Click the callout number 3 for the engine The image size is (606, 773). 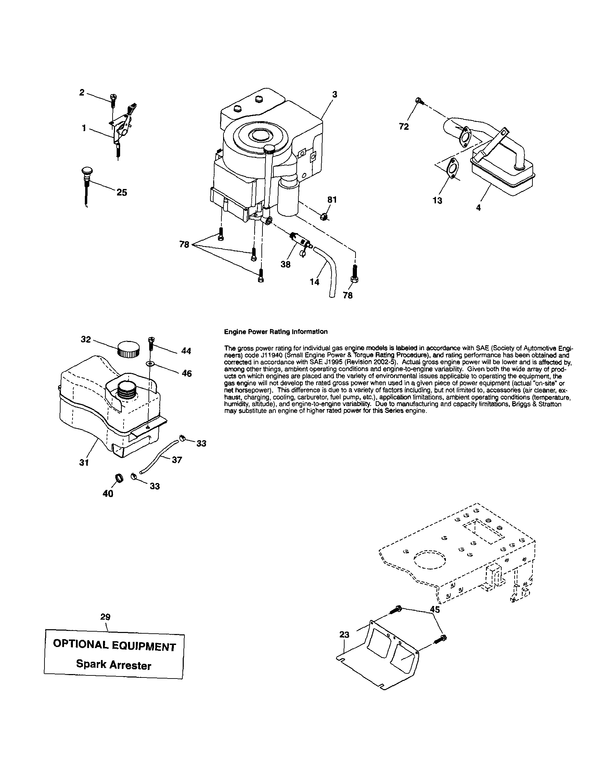335,94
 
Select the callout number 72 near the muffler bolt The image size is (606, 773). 404,127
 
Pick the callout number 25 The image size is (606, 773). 122,192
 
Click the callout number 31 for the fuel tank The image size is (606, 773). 84,463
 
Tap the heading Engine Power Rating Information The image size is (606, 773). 276,332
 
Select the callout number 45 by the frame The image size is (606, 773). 435,609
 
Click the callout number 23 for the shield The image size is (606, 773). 344,634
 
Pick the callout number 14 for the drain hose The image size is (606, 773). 314,282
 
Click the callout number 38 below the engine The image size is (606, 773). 285,264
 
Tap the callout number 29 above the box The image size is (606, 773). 105,617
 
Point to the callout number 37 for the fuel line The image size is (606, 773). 177,460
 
